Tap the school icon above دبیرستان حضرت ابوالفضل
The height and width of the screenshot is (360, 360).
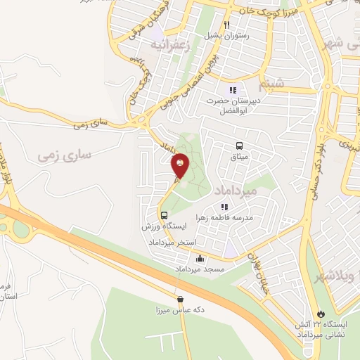(x=233, y=90)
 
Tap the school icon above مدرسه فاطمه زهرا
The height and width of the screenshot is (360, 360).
(x=224, y=207)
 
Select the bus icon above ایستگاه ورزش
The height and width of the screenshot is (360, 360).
(x=163, y=216)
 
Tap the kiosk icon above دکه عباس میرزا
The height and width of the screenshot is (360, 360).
(x=180, y=299)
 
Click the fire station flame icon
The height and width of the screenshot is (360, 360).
(x=321, y=313)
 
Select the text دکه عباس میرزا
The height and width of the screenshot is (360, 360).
(x=179, y=309)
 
